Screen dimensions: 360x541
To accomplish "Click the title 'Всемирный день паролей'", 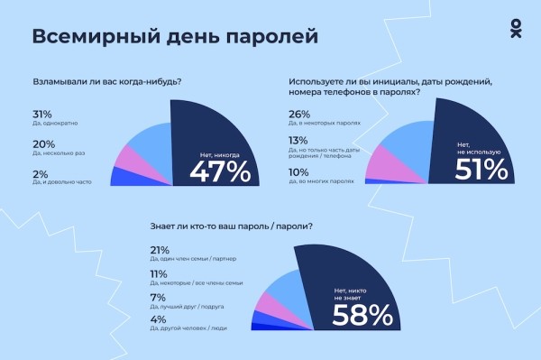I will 175,37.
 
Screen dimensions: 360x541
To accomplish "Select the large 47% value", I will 219,171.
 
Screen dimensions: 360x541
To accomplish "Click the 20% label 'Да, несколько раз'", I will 42,144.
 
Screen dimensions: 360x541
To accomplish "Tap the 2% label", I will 39,175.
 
